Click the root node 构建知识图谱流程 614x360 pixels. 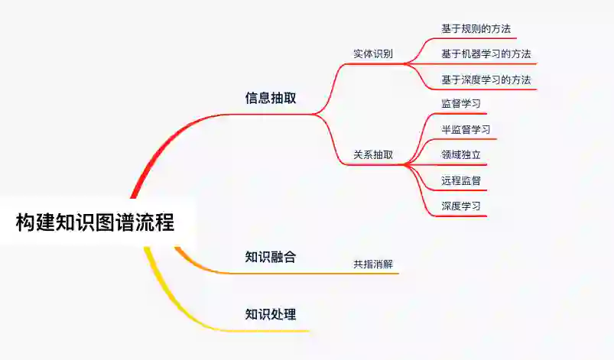point(96,222)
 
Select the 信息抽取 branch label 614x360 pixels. point(271,98)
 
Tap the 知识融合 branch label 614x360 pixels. point(271,257)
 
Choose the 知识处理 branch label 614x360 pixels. point(271,314)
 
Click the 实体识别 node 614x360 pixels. point(373,54)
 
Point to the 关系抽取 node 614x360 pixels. point(373,154)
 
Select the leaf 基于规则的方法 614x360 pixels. point(476,29)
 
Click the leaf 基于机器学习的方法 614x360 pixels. point(486,54)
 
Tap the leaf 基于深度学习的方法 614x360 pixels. point(486,79)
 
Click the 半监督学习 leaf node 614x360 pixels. point(466,129)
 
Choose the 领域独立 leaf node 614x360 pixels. point(460,154)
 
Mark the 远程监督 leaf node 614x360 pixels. point(460,180)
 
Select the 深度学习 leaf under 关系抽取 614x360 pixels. point(460,206)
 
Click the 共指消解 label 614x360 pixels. point(373,264)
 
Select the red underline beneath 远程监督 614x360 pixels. point(459,190)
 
